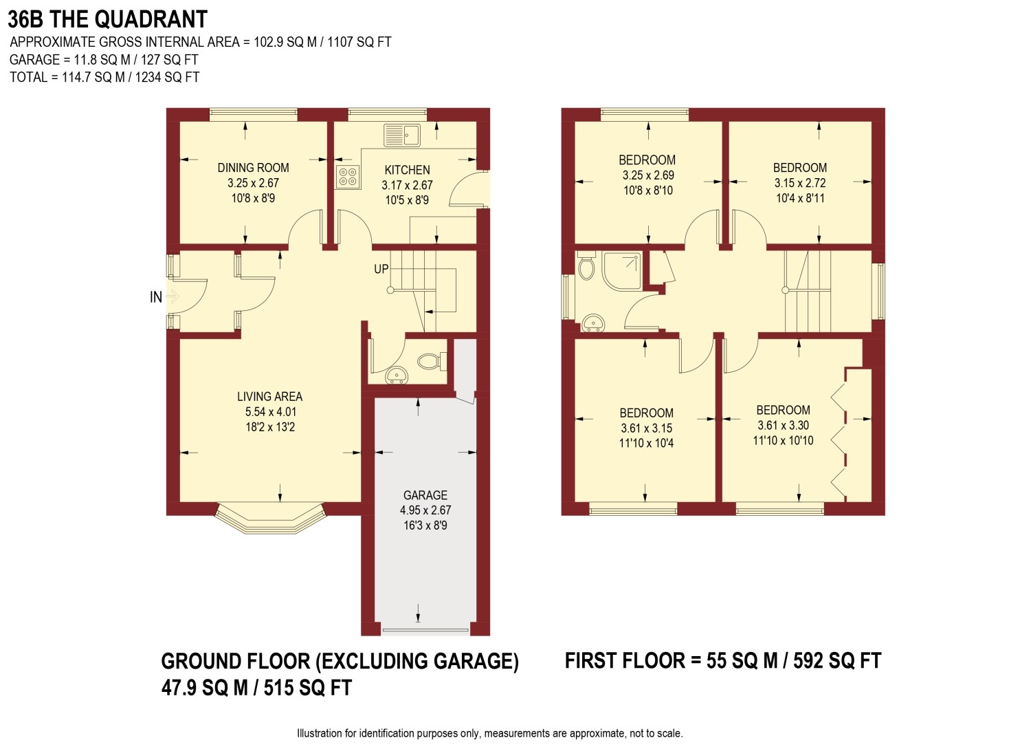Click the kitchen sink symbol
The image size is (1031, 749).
(x=402, y=135)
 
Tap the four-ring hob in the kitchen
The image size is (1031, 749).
(x=347, y=177)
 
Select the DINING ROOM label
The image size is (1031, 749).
(x=253, y=168)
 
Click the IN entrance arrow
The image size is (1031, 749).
(x=170, y=297)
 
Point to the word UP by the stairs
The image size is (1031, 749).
(x=381, y=269)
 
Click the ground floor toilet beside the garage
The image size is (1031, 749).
(x=431, y=360)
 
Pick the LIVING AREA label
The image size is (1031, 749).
(x=269, y=397)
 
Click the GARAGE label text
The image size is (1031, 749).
(x=425, y=495)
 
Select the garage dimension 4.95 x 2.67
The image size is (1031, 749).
(x=425, y=510)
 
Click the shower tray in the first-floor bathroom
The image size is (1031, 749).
(x=622, y=271)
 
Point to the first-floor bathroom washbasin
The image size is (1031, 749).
(x=592, y=323)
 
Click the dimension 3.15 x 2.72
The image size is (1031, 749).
(x=800, y=183)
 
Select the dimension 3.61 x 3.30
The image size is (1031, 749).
(x=783, y=426)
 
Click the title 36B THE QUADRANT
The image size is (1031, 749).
(x=107, y=19)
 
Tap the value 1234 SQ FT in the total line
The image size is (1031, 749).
(x=167, y=77)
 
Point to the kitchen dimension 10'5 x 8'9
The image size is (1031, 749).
(x=407, y=200)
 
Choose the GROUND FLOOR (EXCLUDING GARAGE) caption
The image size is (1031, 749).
(x=340, y=662)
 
